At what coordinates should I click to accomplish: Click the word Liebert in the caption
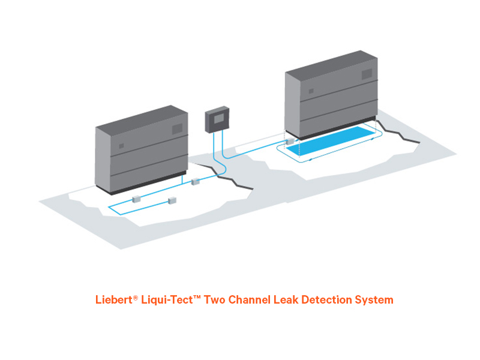113,299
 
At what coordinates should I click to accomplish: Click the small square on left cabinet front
121,145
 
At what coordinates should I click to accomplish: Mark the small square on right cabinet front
311,91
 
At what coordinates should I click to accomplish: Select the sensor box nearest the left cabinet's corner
194,181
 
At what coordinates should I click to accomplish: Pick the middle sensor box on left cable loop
174,200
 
